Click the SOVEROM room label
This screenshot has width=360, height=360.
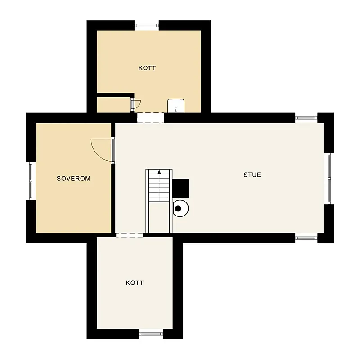click(x=73, y=178)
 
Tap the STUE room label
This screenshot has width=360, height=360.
click(x=252, y=175)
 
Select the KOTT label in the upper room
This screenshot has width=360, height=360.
click(x=147, y=68)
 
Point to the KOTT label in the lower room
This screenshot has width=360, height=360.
click(x=135, y=283)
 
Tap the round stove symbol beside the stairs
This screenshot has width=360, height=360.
click(x=181, y=208)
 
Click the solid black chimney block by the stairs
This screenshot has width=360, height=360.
click(x=181, y=188)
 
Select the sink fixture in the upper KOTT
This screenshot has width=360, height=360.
click(x=176, y=106)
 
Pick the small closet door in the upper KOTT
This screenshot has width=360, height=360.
click(x=136, y=104)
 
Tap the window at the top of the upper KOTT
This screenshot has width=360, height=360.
click(x=147, y=25)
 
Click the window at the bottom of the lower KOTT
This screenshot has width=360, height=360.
click(x=151, y=333)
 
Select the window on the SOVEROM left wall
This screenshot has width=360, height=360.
click(x=31, y=181)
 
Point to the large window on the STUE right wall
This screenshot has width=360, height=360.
click(x=329, y=178)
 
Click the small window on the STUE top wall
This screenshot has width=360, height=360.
click(x=306, y=118)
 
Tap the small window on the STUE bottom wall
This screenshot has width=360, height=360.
click(x=306, y=238)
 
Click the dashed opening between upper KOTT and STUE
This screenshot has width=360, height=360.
click(x=151, y=118)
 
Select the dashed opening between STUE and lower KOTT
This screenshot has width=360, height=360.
click(x=130, y=235)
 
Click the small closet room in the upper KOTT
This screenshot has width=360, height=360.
click(x=113, y=105)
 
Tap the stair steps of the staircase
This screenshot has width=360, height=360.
click(x=159, y=185)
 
